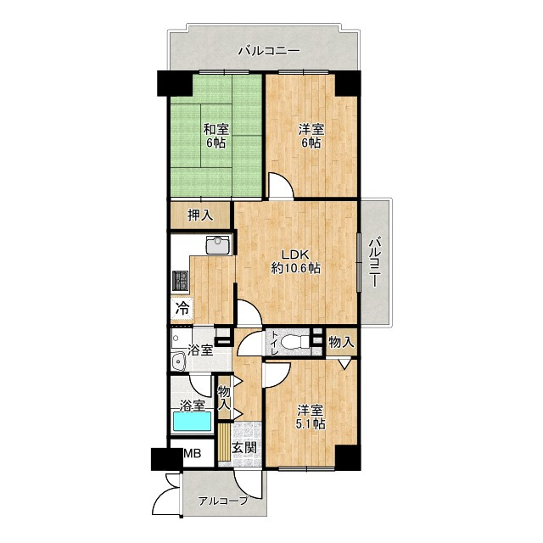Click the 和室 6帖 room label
(x=216, y=136)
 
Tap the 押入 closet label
(x=200, y=216)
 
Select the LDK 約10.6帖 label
(x=295, y=261)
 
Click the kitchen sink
(x=218, y=245)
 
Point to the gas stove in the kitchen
(x=180, y=281)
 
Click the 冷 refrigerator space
(x=182, y=308)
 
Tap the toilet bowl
(x=294, y=343)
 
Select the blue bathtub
(x=192, y=421)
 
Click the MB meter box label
(x=192, y=453)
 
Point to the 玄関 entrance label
(x=244, y=448)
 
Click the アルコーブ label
(x=223, y=501)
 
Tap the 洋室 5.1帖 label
(x=311, y=417)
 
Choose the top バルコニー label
(x=269, y=51)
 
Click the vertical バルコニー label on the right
(x=375, y=262)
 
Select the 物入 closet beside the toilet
(x=341, y=343)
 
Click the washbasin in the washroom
(x=179, y=362)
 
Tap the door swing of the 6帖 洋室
(x=281, y=186)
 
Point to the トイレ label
(x=274, y=343)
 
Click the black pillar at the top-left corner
(x=174, y=83)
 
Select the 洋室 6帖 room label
(x=311, y=136)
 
